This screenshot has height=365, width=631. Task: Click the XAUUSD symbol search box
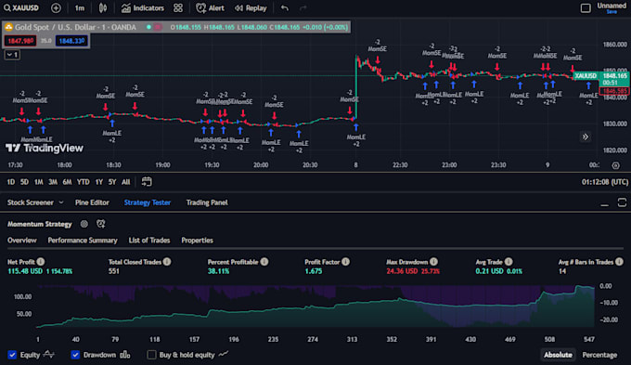25,7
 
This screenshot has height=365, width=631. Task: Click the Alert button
211,7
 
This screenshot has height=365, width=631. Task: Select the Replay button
251,7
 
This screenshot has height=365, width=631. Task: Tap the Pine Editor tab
92,202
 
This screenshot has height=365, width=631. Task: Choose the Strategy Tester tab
148,202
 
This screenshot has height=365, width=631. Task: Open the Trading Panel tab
207,202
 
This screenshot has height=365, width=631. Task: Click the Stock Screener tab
30,202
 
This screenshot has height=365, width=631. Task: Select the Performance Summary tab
83,240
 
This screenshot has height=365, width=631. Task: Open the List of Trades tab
148,240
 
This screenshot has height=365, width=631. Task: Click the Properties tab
197,240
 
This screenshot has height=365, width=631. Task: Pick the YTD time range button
83,181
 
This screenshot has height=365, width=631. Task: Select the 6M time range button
67,181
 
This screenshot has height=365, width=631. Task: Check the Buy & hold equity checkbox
152,354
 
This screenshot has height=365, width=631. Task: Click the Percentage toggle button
599,354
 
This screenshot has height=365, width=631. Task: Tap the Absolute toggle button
557,354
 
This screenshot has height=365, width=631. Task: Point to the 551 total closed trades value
115,270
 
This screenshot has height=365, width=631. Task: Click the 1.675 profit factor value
314,270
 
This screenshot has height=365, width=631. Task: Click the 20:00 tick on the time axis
261,164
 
